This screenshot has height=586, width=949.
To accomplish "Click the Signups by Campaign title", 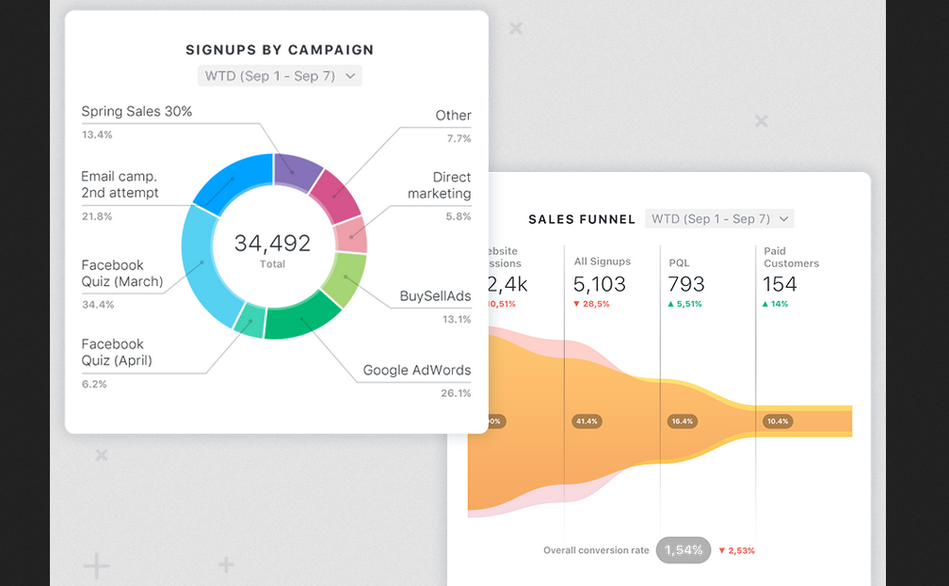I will coord(279,50).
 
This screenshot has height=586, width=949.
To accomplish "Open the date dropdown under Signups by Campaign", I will coord(279,76).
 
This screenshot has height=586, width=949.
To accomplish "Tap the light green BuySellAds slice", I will coord(344,280).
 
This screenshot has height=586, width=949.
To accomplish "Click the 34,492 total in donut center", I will coord(272,244).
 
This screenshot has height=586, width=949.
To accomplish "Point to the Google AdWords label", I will coord(416,370).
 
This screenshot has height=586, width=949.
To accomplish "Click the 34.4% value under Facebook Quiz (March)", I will coord(97,305).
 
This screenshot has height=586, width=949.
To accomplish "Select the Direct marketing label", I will coord(440,185).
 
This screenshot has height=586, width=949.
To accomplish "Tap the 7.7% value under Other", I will coord(458,138).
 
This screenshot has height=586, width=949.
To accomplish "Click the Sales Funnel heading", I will coord(582,219).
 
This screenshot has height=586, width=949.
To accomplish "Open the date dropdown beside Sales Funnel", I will coord(719,219).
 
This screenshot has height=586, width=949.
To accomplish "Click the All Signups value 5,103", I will coord(600,284).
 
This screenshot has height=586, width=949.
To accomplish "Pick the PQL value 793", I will coord(685,284).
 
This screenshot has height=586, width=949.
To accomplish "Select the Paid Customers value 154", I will coord(780,284).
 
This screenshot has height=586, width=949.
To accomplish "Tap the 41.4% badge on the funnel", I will coord(587,421).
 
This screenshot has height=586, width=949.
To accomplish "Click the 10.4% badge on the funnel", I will coord(778,421).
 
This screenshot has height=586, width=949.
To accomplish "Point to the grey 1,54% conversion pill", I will coord(683,550).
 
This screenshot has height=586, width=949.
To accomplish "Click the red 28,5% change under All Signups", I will coord(591,305).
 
